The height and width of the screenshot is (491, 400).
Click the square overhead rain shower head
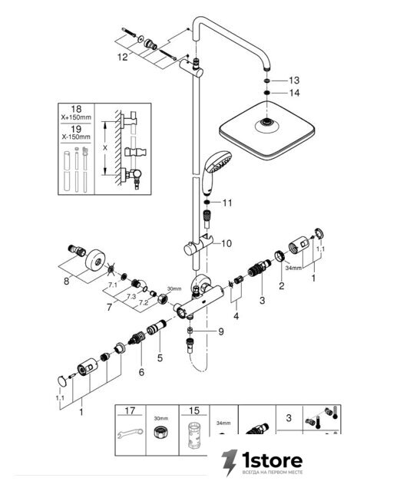[x=266, y=130]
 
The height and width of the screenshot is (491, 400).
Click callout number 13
[x=294, y=81]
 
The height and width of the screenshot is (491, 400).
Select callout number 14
[x=294, y=93]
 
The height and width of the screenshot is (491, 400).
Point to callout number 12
[x=123, y=57]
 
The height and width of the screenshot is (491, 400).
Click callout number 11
[x=227, y=203]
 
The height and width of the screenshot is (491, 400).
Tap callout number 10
[x=226, y=243]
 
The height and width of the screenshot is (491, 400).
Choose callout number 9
[x=221, y=331]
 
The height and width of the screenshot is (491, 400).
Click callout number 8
[x=66, y=281]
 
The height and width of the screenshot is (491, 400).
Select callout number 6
[x=141, y=372]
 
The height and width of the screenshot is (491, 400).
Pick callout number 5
[x=160, y=358]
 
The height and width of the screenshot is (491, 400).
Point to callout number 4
[x=236, y=316]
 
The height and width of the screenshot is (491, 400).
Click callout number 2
[x=282, y=285]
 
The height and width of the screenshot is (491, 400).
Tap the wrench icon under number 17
[x=130, y=433]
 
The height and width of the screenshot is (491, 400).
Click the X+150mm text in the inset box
[x=76, y=117]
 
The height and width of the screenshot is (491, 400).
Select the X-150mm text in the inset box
[x=76, y=137]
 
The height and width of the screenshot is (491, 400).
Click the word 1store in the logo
[x=272, y=460]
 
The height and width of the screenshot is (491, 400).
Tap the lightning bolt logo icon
[x=229, y=463]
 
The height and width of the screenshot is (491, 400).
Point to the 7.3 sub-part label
[x=131, y=296]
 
